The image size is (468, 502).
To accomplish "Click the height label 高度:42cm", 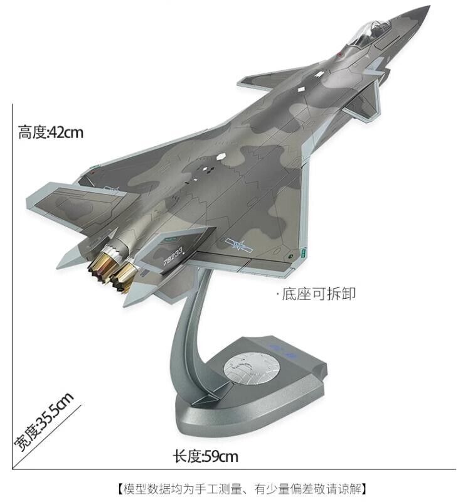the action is point(51,132).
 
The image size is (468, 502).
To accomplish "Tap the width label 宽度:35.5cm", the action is point(44,422).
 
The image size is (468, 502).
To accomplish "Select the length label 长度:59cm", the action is point(206,456).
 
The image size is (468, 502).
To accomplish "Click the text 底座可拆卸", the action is point(318,294).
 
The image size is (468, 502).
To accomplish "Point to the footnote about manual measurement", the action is point(242,489).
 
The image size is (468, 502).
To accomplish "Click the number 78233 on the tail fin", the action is point(173,255).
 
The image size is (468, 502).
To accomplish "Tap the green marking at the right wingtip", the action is point(304,253).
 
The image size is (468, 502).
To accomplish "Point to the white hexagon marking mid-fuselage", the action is point(221,157).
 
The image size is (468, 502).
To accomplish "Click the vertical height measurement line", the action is point(12,287).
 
